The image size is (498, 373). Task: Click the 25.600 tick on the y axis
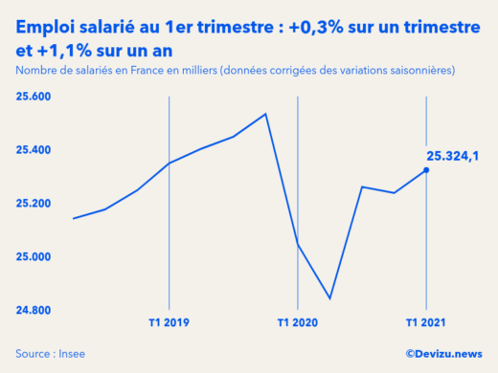[34, 97]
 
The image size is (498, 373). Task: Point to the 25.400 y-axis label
[34, 150]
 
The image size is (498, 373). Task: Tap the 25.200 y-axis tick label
[34, 204]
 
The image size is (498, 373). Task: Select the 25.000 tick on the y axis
[34, 257]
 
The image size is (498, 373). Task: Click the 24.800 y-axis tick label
[34, 311]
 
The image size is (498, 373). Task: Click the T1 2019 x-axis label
[170, 323]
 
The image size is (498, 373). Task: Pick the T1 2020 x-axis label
[298, 323]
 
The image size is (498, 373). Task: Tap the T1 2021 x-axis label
[425, 323]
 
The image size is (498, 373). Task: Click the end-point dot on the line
[426, 170]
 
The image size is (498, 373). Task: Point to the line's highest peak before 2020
[265, 114]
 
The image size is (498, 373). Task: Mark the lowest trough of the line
[329, 298]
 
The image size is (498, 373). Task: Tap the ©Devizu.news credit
[443, 353]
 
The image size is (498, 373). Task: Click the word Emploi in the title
[47, 30]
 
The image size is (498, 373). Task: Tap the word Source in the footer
[34, 353]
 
